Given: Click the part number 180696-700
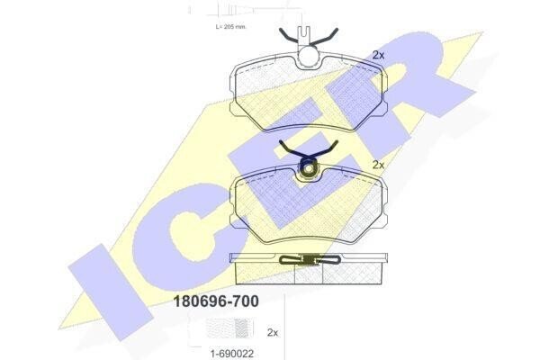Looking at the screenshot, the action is [x=216, y=301].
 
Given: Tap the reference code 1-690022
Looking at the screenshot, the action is [x=232, y=353].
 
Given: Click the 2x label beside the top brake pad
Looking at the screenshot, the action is [x=379, y=55].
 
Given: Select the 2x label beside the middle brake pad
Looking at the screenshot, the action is [x=379, y=165].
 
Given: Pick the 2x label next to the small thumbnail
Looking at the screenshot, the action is [x=273, y=332].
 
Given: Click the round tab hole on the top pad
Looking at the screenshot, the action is [x=309, y=56].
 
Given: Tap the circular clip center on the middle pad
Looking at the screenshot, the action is [x=309, y=168].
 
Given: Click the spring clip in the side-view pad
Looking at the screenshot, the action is [x=310, y=259].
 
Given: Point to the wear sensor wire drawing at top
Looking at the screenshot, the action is [x=247, y=11].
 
